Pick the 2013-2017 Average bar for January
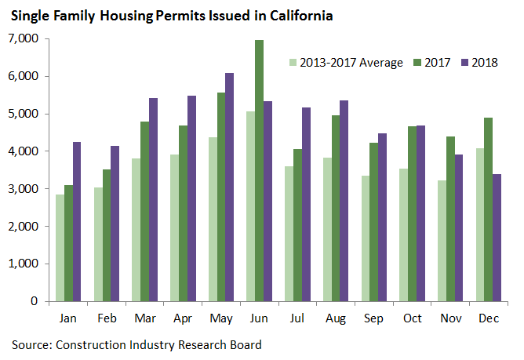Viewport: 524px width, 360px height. pos(60,248)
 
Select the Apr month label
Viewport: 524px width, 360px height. pos(182,320)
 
